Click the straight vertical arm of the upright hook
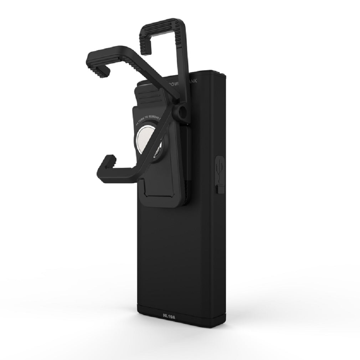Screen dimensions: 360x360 click(189, 71)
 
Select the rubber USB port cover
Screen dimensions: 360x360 click(220, 173)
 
